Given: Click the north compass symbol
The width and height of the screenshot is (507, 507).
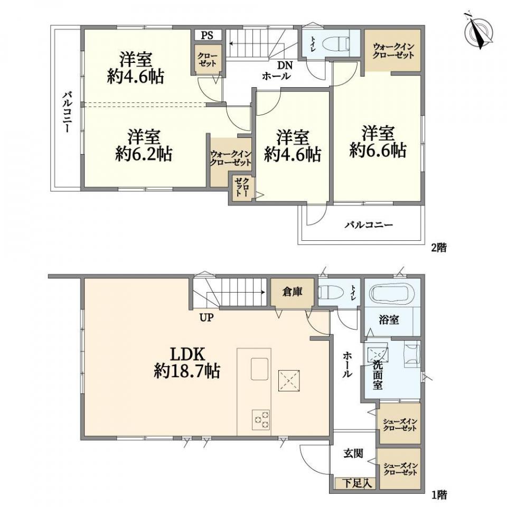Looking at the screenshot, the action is tap(478, 33).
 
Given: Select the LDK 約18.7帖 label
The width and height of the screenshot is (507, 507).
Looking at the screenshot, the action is tap(187, 363).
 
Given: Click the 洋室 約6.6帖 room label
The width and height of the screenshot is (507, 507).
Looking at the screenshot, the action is tap(378, 142).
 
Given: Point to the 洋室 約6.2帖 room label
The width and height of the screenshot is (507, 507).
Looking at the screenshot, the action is tap(144, 145).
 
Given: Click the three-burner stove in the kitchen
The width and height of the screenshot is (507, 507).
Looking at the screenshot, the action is tap(260, 419).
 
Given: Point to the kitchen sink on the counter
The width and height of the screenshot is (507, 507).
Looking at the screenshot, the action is tap(260, 369).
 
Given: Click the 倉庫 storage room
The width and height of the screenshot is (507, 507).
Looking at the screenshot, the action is tap(292, 292).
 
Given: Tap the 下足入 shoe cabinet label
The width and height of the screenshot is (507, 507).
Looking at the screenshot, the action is tap(355, 484).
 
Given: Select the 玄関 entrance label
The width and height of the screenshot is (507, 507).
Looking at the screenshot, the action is tap(353, 453).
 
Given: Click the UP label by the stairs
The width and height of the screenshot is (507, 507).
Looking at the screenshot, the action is tap(206, 317).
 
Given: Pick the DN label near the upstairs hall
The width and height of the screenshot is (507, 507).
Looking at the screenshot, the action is tap(285, 65).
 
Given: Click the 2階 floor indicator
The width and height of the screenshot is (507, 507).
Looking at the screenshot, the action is tap(439, 248).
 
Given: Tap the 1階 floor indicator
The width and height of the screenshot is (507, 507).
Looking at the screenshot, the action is tap(439, 495).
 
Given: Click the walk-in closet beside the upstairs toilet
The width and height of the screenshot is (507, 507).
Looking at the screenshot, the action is tap(393, 51).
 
